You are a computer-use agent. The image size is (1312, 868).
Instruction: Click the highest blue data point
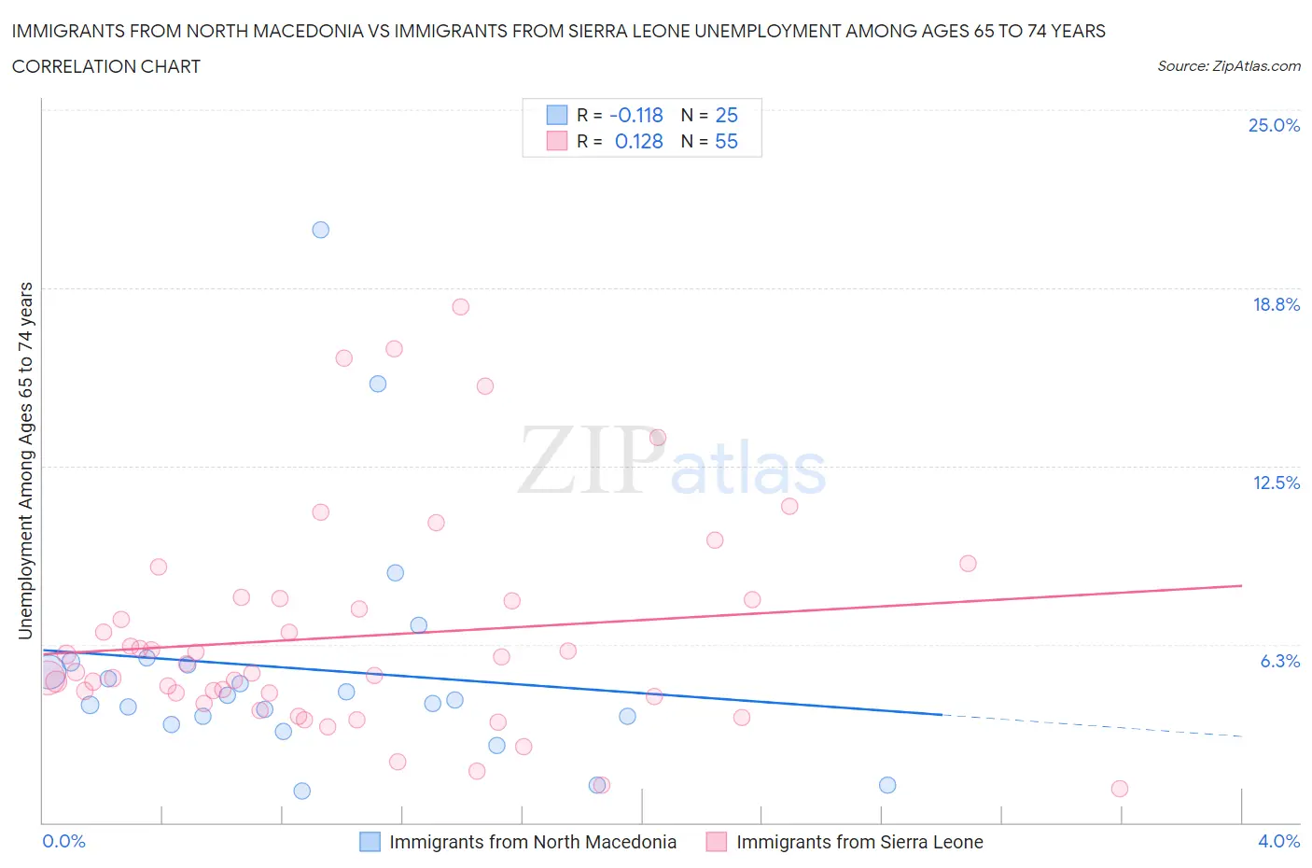(x=321, y=230)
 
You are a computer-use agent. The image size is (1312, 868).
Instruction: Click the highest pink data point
(x=460, y=307)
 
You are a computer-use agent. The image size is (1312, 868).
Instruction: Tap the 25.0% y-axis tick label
(x=1274, y=125)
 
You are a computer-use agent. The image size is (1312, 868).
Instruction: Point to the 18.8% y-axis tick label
(x=1276, y=304)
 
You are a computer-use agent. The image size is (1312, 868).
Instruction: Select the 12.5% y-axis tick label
(x=1276, y=483)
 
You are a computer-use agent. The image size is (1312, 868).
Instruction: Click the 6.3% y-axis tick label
(x=1279, y=661)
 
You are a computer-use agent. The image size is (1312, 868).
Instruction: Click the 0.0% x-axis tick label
(x=63, y=841)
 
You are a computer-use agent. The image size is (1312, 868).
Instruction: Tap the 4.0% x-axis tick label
(x=1278, y=841)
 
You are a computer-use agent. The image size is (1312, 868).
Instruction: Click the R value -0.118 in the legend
(x=636, y=115)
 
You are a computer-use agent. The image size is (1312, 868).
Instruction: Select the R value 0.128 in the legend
(x=639, y=141)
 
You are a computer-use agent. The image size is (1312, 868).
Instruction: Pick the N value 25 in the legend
(x=726, y=115)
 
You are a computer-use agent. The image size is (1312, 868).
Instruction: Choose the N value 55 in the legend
(x=726, y=141)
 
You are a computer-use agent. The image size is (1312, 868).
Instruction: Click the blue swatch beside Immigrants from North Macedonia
(x=370, y=842)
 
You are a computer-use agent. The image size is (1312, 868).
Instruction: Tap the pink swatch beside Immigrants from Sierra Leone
(x=717, y=842)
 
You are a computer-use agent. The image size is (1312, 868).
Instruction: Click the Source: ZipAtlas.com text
(x=1228, y=65)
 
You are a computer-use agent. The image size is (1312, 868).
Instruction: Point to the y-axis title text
(x=25, y=460)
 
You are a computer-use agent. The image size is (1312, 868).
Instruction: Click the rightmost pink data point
(x=1120, y=789)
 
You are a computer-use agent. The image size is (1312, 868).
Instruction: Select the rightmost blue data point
(x=887, y=785)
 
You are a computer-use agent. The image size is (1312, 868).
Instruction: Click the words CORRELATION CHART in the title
(x=106, y=66)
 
